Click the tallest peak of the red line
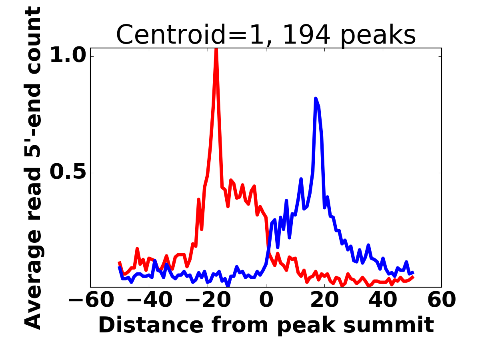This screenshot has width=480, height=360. pos(216,50)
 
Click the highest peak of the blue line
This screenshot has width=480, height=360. pos(316,98)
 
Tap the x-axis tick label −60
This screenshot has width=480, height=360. pos(90,300)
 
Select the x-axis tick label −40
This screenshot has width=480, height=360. pos(149,300)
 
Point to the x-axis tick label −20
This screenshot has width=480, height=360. pos(207,300)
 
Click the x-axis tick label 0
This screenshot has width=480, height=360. pos(266,300)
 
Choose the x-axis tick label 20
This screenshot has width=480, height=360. pos(324,300)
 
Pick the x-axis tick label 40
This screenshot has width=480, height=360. pos(383,300)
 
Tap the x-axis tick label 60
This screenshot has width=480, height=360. pos(441,300)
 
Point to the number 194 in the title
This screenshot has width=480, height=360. pos(306,35)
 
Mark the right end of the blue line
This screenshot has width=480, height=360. pos(413,272)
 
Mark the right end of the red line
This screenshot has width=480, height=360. pos(413,277)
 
